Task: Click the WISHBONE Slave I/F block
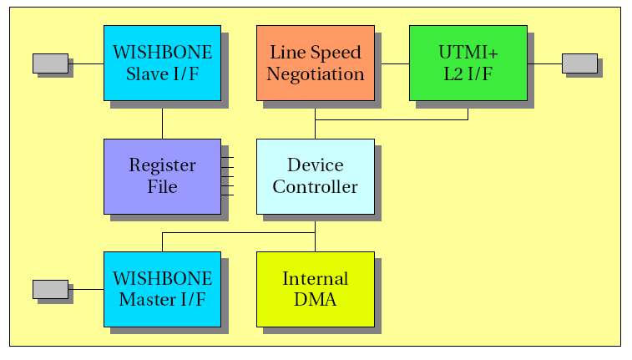163,63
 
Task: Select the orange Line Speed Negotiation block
316,63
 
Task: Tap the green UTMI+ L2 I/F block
468,63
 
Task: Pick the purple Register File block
163,176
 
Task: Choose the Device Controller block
316,176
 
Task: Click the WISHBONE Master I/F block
163,290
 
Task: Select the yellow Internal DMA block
316,290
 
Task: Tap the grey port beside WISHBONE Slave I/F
50,63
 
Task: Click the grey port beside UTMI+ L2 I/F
580,63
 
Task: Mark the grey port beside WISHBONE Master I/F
50,290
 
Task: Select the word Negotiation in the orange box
316,74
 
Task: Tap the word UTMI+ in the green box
468,53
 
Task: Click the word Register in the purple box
163,165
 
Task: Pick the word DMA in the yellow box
316,300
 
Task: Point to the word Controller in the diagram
316,186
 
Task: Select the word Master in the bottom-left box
147,300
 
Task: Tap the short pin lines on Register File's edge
227,176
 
